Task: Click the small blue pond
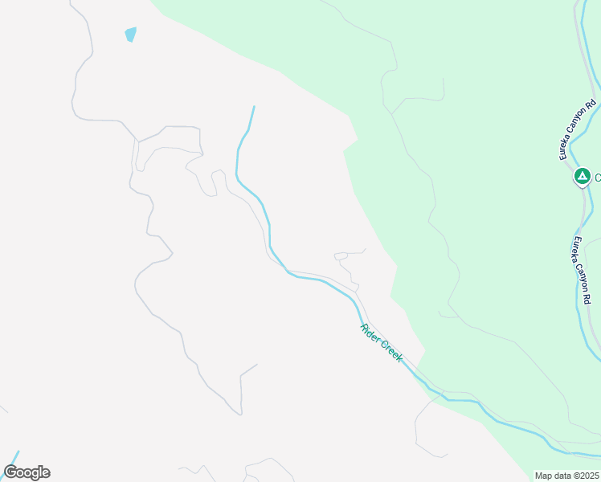click(x=130, y=34)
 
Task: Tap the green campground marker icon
click(x=582, y=176)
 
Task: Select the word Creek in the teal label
click(x=391, y=352)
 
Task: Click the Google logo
click(x=27, y=472)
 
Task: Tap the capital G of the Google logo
click(x=10, y=472)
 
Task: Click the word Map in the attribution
click(x=544, y=476)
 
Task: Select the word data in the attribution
click(x=562, y=476)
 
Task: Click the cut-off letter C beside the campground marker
click(x=598, y=177)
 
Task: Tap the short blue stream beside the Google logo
click(x=13, y=455)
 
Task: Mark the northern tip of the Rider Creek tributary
click(x=254, y=107)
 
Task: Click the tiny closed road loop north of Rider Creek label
click(x=341, y=256)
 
